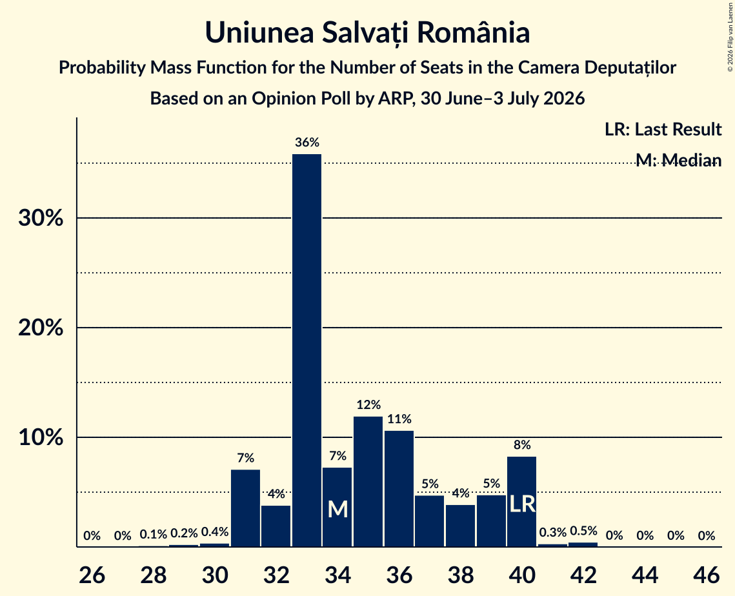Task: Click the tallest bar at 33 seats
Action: [x=307, y=350]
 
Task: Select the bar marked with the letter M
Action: [x=337, y=507]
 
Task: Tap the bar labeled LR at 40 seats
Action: [x=521, y=501]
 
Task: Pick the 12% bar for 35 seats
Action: [x=368, y=481]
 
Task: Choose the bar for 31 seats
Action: [x=246, y=508]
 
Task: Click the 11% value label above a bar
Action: [x=399, y=419]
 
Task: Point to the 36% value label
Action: [x=307, y=143]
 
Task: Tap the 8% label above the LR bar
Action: [x=521, y=444]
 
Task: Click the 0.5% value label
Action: [x=583, y=531]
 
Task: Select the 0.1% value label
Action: [x=154, y=534]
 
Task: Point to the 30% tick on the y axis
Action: [x=41, y=218]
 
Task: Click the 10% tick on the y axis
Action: [x=41, y=437]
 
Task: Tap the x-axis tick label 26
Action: [x=92, y=575]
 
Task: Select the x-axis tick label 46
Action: [x=707, y=575]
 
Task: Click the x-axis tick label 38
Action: [x=461, y=575]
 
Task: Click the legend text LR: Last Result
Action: [x=663, y=129]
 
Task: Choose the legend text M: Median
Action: [x=679, y=160]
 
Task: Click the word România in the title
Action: [x=474, y=33]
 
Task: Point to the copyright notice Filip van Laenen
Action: [x=730, y=37]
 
